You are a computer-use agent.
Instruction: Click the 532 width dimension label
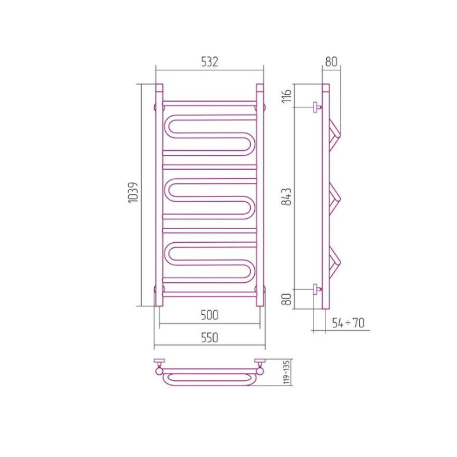pos(210,62)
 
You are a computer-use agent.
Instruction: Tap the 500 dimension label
pos(210,315)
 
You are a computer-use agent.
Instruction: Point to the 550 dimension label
pos(210,338)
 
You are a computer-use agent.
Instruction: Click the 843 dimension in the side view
pos(287,197)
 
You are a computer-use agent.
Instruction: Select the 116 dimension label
pos(287,95)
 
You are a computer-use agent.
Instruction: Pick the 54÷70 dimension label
pos(348,323)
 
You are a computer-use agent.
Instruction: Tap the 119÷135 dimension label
pos(287,372)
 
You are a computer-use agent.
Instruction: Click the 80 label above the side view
pos(331,62)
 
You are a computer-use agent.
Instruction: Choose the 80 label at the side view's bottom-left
pos(287,299)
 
